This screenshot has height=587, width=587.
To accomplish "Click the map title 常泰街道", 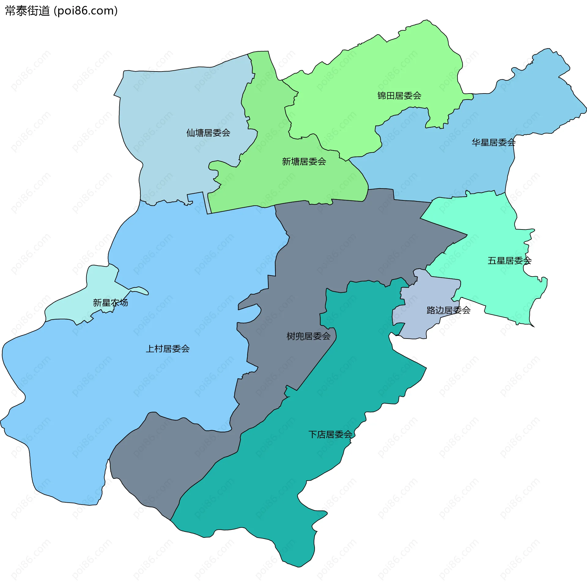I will point(28,11).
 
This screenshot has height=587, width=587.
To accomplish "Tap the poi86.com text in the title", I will point(86,11).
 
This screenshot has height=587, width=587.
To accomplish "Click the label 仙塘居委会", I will point(208,133).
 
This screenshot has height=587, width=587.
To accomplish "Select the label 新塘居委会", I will point(304,162).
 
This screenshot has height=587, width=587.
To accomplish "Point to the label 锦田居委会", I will point(399,96).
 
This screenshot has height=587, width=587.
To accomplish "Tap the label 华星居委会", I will point(493,142).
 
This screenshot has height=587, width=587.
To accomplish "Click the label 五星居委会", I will point(509,261).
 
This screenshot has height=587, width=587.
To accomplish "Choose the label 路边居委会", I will point(448,310).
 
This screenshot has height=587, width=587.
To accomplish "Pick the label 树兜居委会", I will point(308,336).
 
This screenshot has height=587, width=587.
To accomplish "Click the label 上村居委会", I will point(168,349).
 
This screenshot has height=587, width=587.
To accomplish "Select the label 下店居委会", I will point(330,435).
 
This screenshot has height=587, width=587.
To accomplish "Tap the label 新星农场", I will point(110,303).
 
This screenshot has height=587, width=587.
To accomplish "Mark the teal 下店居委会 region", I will point(275,489).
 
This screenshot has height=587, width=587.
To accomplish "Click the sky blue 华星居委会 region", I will point(443,171).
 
